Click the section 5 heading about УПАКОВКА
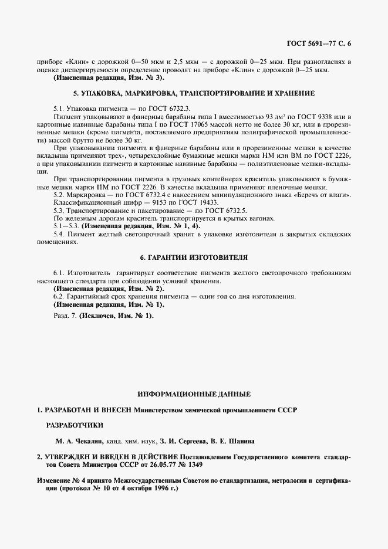(x=194, y=93)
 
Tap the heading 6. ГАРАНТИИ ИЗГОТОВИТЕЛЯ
(x=194, y=257)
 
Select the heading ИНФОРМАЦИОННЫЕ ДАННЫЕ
(x=194, y=393)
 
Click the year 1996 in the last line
(x=153, y=488)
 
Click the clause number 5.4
(x=59, y=234)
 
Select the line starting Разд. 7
(x=103, y=316)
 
